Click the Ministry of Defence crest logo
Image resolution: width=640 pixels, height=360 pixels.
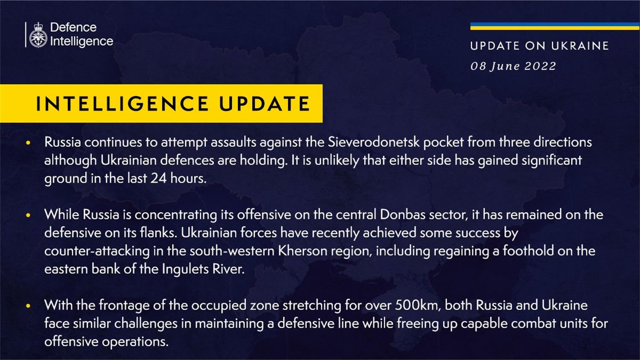click(38, 35)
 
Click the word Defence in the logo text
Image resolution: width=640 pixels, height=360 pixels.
click(73, 27)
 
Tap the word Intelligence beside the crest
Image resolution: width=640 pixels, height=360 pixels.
click(81, 41)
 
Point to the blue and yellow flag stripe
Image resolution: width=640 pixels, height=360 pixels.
click(555, 26)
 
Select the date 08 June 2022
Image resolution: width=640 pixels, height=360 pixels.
click(513, 66)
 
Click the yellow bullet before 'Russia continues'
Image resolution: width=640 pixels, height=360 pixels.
click(28, 142)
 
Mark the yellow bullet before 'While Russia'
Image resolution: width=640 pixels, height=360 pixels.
click(28, 215)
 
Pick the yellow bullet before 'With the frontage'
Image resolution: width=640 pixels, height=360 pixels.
click(28, 306)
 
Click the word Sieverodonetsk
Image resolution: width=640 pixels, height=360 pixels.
click(373, 142)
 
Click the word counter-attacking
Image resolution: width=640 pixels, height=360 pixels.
click(97, 251)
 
